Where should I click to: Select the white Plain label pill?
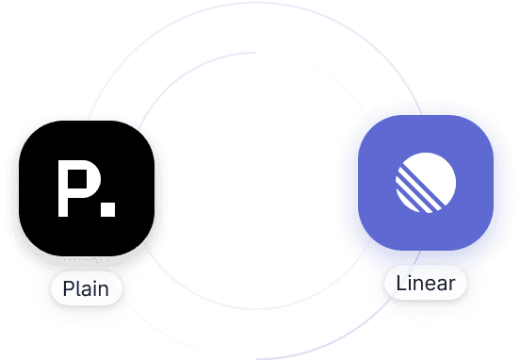(86, 288)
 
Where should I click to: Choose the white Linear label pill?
(426, 283)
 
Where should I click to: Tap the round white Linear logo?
(425, 184)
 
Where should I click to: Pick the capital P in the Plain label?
(68, 288)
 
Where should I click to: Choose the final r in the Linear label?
(451, 284)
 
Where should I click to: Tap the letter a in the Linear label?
(440, 284)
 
